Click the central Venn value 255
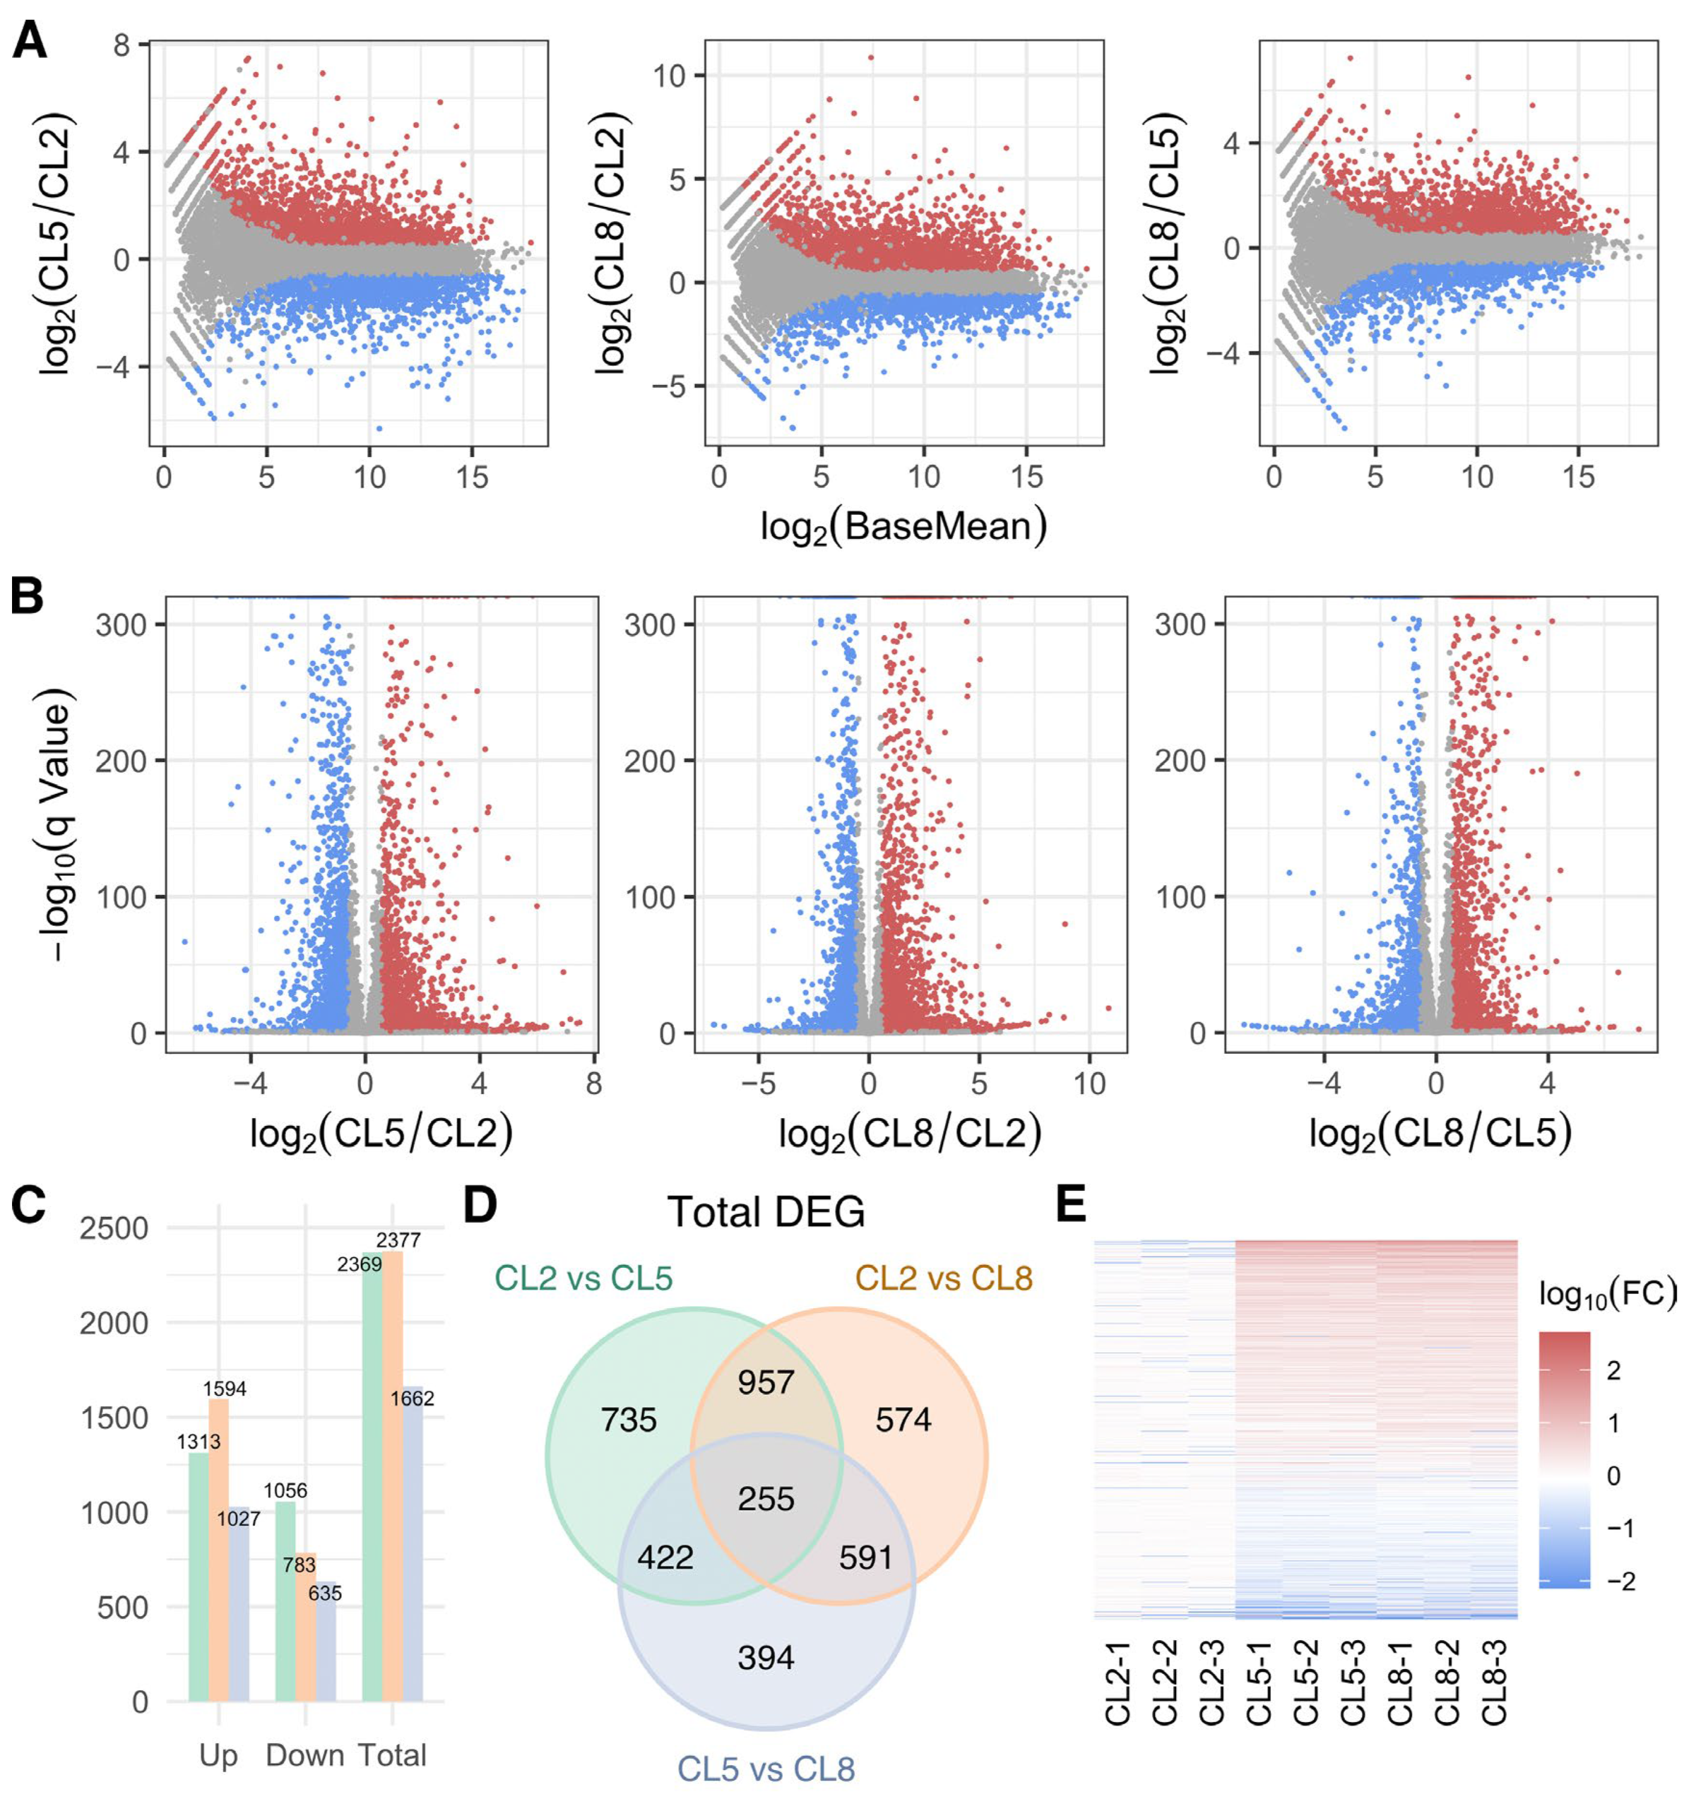click(766, 1498)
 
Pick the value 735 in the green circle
click(629, 1420)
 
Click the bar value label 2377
click(398, 1241)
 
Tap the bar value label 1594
click(224, 1388)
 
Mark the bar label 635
click(325, 1593)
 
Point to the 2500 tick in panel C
click(115, 1229)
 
